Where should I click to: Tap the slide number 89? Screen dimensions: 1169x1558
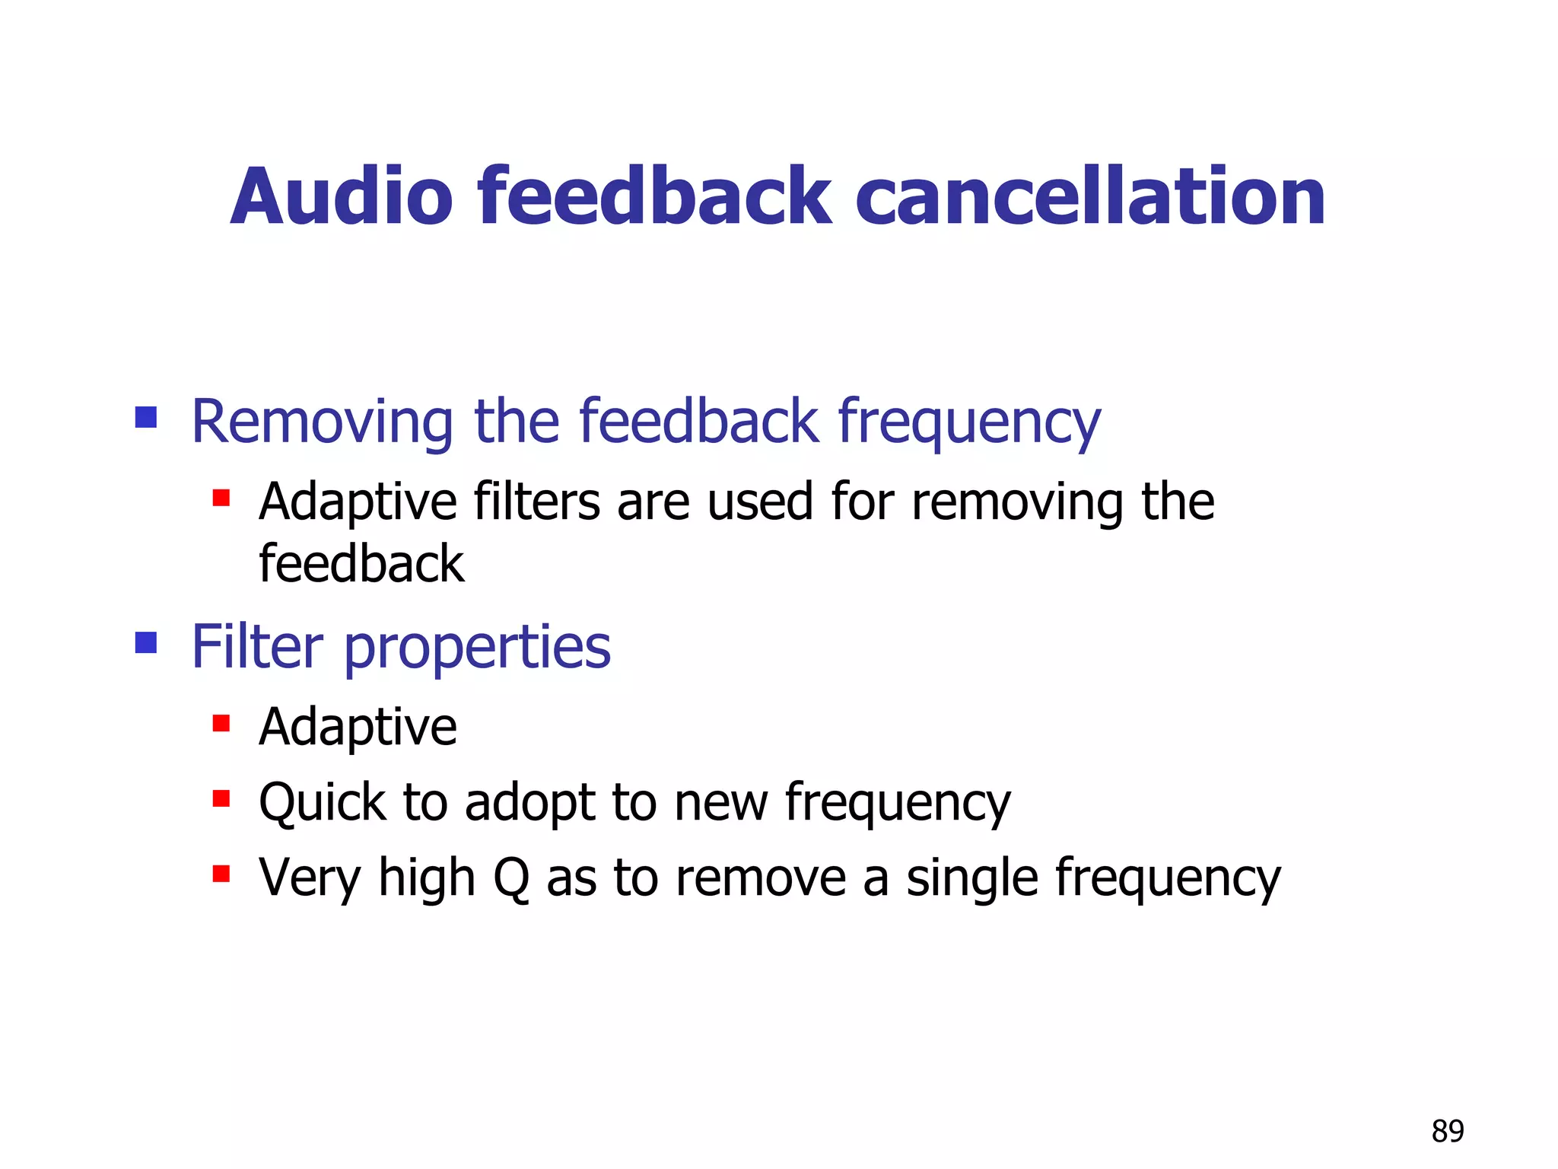(1447, 1131)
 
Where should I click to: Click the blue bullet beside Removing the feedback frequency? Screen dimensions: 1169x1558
(146, 417)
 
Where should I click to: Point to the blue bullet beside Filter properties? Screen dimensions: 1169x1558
(146, 643)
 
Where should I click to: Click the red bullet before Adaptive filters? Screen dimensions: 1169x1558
(221, 498)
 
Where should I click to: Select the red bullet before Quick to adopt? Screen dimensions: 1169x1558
(221, 798)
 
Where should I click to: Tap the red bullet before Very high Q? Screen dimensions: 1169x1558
(221, 873)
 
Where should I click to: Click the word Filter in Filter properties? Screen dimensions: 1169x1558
(257, 646)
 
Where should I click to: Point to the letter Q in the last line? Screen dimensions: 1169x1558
(511, 878)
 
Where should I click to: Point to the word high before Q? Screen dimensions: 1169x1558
(427, 878)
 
